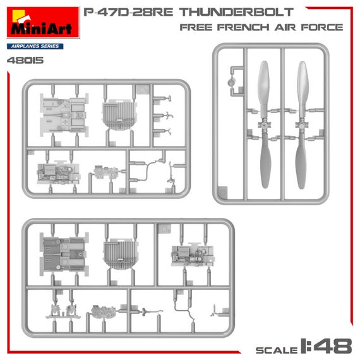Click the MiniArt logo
(43, 23)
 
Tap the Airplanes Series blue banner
(35, 46)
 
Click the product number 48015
(25, 61)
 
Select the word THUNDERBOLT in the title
(236, 12)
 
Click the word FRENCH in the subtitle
(243, 27)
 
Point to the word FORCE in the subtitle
(322, 27)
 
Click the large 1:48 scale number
(326, 345)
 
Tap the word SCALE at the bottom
(277, 350)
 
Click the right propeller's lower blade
(301, 160)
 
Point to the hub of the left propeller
(265, 125)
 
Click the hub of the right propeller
(302, 125)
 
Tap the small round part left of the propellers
(232, 82)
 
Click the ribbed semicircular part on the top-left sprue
(119, 115)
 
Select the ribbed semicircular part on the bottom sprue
(120, 255)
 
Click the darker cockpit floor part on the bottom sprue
(64, 254)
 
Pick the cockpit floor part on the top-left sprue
(64, 115)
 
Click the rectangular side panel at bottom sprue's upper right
(193, 255)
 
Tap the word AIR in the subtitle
(285, 27)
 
